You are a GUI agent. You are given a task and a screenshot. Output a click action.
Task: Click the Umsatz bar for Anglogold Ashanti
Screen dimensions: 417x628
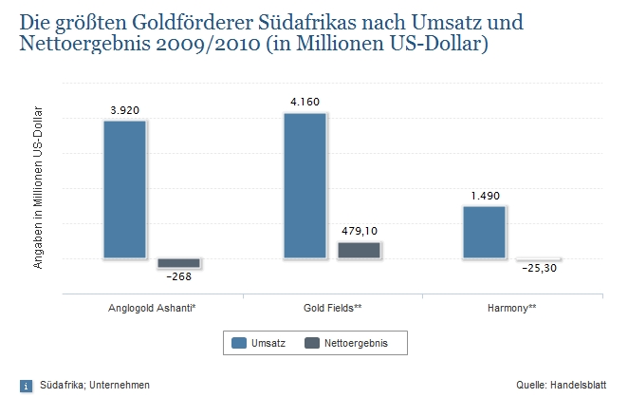tap(124, 189)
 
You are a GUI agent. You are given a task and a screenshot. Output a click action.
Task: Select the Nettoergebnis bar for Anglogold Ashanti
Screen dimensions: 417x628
tap(178, 262)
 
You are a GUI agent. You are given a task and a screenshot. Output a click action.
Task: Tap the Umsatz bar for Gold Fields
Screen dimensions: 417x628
tap(305, 185)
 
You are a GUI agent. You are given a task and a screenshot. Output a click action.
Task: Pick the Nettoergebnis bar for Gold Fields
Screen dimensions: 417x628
tap(359, 250)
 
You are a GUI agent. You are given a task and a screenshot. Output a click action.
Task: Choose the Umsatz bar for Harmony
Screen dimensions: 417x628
tap(484, 232)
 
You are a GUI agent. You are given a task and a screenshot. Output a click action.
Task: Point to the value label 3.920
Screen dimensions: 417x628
tap(124, 110)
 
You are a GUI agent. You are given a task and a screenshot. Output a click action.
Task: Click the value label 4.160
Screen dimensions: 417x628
tap(305, 102)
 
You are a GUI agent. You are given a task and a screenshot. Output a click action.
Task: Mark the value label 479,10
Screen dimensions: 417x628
tap(360, 231)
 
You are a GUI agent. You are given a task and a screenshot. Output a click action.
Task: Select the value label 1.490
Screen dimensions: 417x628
tap(485, 196)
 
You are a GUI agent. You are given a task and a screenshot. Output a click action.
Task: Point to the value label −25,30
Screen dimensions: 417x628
tap(538, 270)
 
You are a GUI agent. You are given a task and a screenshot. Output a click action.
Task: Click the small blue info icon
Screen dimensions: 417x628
tap(26, 386)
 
